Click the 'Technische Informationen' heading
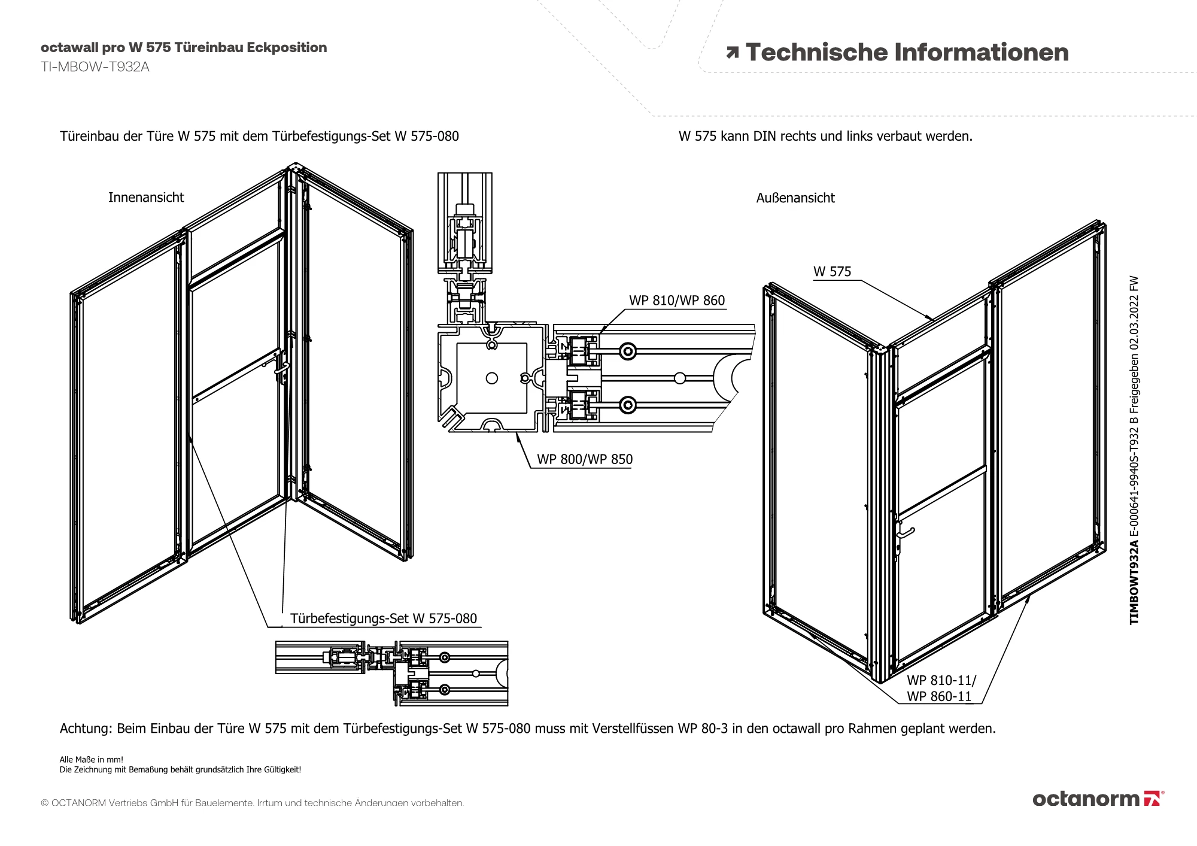[x=907, y=53]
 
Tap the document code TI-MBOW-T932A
[x=95, y=67]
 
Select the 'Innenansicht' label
[x=146, y=198]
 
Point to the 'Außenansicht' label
[x=795, y=198]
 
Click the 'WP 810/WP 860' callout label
[x=676, y=301]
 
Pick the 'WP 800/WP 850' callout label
[x=584, y=459]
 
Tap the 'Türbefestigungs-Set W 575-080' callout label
[x=384, y=618]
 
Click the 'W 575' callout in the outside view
[x=831, y=272]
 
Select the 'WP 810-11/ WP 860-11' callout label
[x=940, y=689]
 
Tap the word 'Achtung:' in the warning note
[x=86, y=729]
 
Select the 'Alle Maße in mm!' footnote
[x=91, y=760]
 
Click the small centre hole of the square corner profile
[x=492, y=378]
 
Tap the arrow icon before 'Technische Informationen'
[x=732, y=53]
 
